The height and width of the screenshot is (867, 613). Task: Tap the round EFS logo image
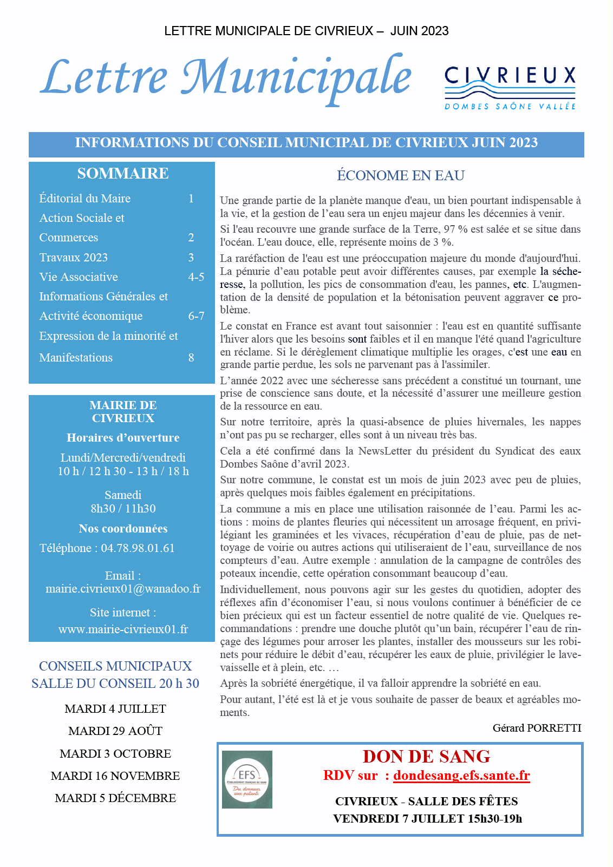pos(247,779)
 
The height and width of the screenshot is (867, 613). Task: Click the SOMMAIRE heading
pos(122,173)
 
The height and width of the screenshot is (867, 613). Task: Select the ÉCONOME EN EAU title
pos(401,175)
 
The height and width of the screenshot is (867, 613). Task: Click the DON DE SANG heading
pos(427,756)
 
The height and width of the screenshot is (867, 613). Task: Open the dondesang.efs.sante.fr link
pos(461,776)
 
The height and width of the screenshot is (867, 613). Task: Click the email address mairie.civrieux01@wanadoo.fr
pos(123,589)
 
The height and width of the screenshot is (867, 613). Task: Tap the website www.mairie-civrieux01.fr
pos(123,629)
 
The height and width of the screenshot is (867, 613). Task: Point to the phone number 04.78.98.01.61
pos(138,548)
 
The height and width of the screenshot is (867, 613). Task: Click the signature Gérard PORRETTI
pos(537,728)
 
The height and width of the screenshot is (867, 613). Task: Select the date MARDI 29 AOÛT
pos(115,731)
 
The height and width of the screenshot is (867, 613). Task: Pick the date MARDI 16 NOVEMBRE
pos(115,776)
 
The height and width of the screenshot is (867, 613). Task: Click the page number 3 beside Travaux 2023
pos(191,258)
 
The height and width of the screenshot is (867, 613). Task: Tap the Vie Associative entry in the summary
pos(79,277)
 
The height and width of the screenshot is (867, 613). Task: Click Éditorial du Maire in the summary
pos(85,199)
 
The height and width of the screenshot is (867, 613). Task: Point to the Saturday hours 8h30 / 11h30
pos(123,509)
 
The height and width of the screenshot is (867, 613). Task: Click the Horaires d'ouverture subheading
pos(123,438)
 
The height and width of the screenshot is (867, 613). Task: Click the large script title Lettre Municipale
pos(226,77)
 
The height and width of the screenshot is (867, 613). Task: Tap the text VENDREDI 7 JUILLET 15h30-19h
pos(427,818)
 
